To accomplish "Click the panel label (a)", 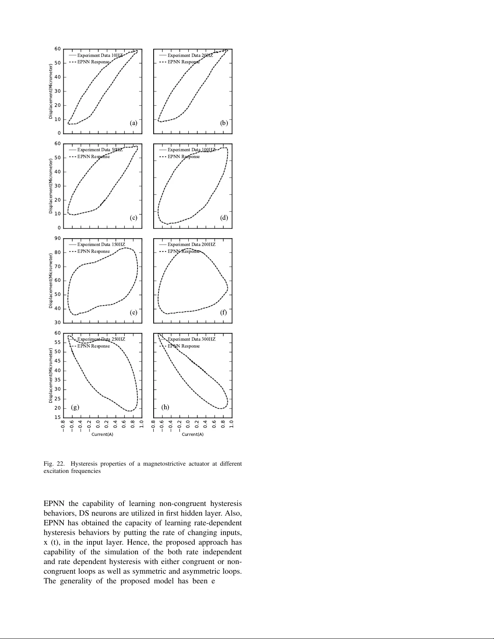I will pos(133,123).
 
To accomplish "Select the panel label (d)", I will pos(224,218).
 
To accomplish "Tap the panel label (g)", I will pos(75,407).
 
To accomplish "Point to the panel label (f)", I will pos(224,312).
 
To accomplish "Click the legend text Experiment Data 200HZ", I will pos(192,245).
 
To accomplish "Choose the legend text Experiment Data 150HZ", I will pos(101,245).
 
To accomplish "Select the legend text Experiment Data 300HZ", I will pos(192,339).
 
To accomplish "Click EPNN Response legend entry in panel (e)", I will pos(94,252).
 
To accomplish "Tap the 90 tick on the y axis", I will pos(58,239).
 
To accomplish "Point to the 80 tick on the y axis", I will pos(58,253).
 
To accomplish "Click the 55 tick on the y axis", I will pos(58,343).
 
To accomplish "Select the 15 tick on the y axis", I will pos(58,418).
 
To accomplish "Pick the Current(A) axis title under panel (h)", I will pos(193,435).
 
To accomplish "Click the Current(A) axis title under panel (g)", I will pos(100,435).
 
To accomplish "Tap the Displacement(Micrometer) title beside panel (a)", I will pos(51,91).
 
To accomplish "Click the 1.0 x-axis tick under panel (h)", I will pos(231,425).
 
